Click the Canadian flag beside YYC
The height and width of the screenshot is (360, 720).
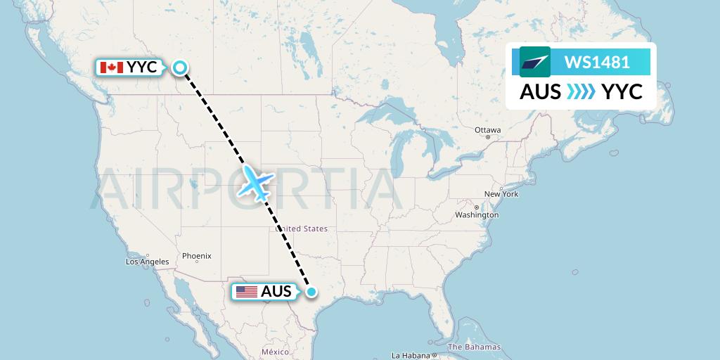pyautogui.click(x=111, y=67)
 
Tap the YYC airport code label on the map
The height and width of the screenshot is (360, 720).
pyautogui.click(x=143, y=67)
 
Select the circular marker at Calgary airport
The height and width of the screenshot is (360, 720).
pyautogui.click(x=180, y=67)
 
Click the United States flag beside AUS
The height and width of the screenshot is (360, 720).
pyautogui.click(x=246, y=292)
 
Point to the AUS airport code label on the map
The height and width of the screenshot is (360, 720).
pyautogui.click(x=276, y=292)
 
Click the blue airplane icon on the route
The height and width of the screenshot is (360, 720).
pyautogui.click(x=256, y=183)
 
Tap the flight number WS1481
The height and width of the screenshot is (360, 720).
pyautogui.click(x=596, y=62)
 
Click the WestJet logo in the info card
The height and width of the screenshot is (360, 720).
pyautogui.click(x=534, y=62)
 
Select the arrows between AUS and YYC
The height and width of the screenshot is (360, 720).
pyautogui.click(x=581, y=92)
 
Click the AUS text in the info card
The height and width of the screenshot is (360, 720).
pyautogui.click(x=540, y=92)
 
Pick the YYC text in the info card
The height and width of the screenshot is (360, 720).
pyautogui.click(x=622, y=92)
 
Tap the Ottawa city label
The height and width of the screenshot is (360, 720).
pyautogui.click(x=487, y=130)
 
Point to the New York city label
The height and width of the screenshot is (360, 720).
pyautogui.click(x=501, y=194)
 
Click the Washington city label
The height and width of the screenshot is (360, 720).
pyautogui.click(x=477, y=214)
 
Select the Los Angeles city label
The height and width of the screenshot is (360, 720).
pyautogui.click(x=147, y=262)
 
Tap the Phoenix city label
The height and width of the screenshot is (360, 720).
pyautogui.click(x=196, y=256)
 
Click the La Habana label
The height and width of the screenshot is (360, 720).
pyautogui.click(x=410, y=355)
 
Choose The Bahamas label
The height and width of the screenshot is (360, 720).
pyautogui.click(x=474, y=347)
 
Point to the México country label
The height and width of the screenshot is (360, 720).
pyautogui.click(x=275, y=352)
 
